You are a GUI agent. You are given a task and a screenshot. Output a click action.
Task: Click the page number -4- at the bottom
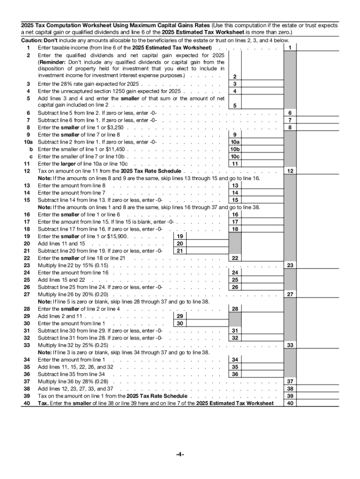180,454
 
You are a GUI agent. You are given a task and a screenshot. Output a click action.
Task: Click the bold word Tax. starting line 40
43,403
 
